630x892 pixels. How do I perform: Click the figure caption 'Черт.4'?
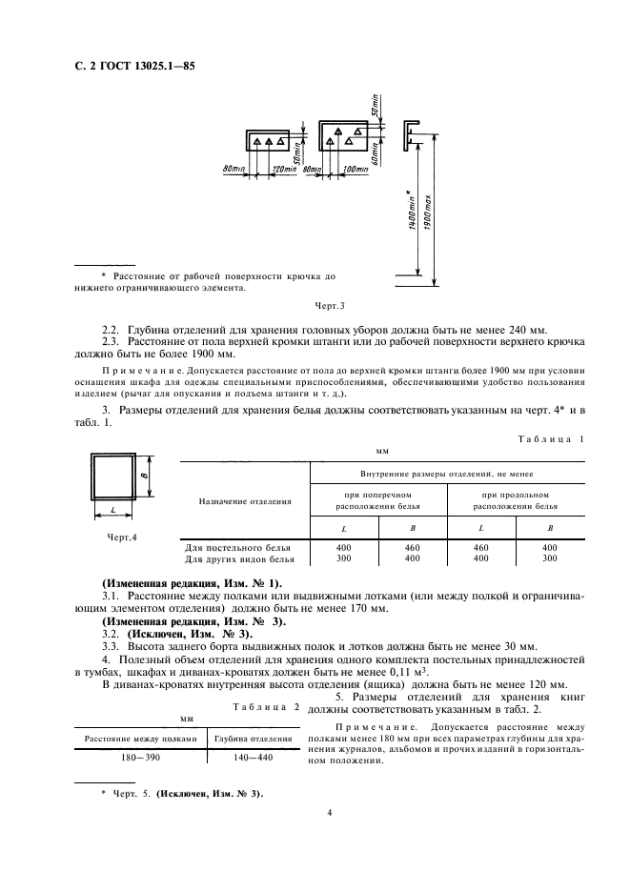(x=122, y=537)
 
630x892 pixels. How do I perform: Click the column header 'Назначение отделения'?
(x=245, y=500)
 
